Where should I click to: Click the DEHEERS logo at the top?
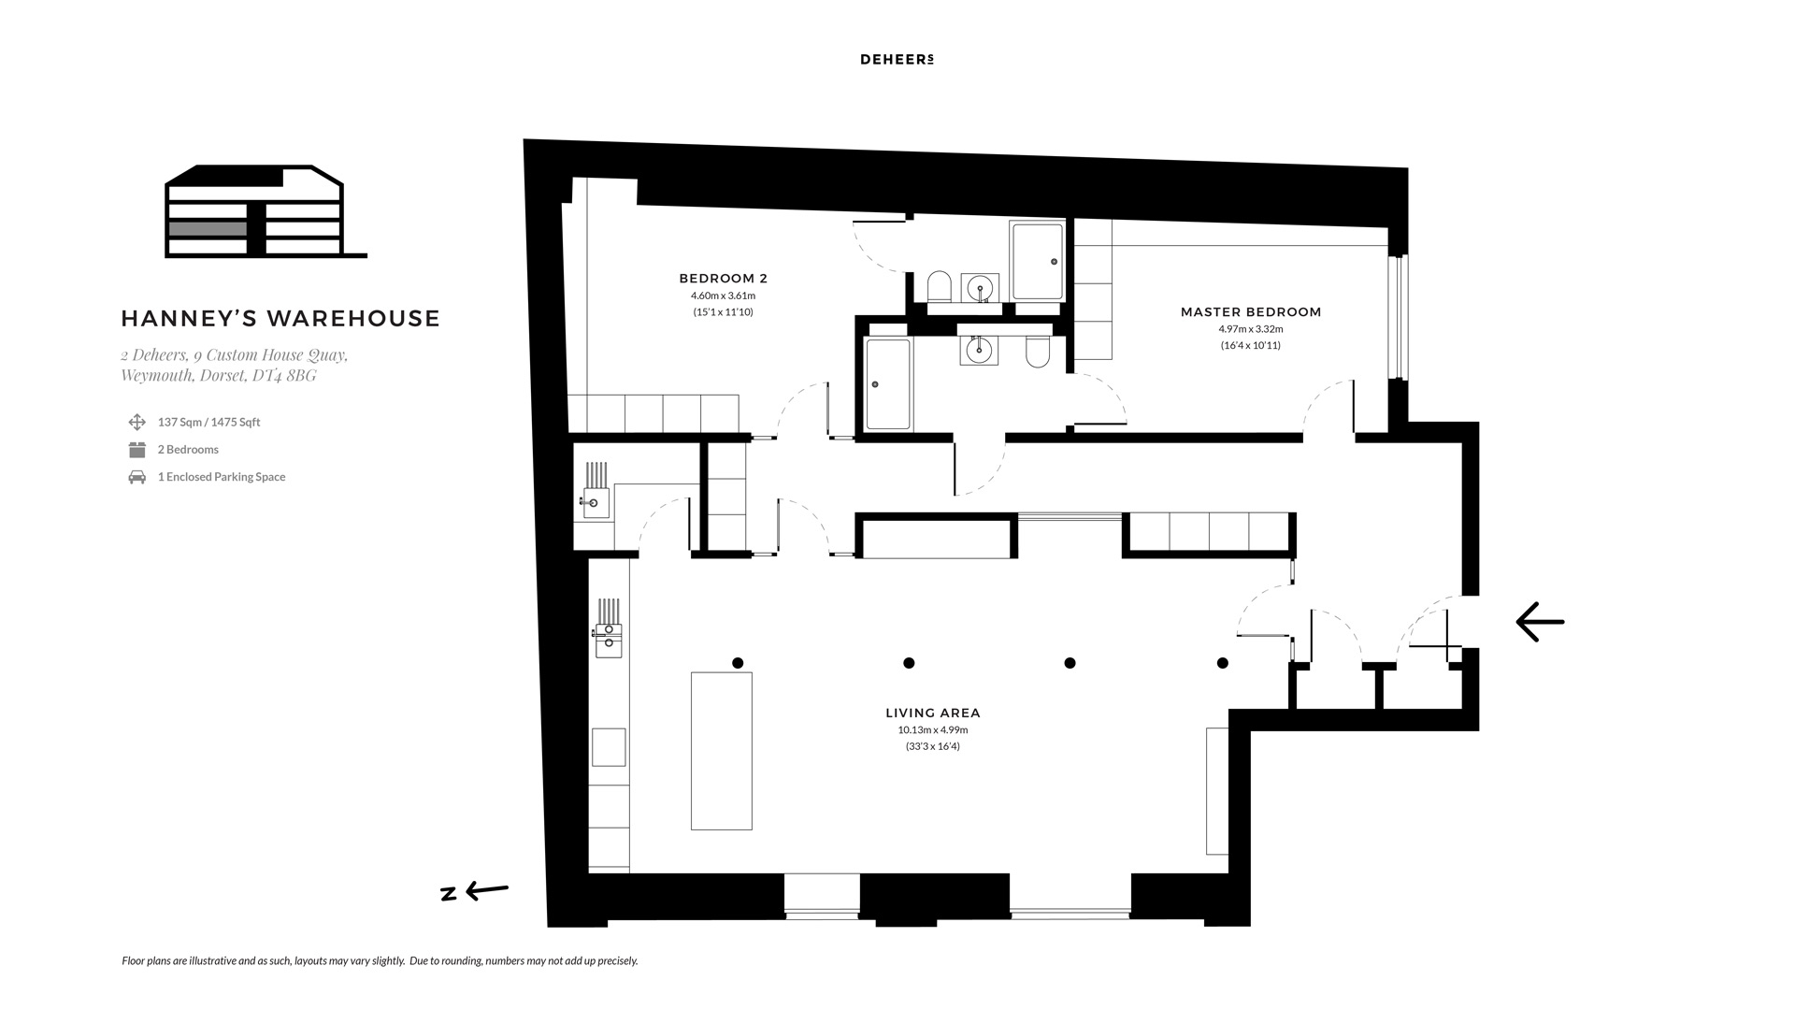[897, 60]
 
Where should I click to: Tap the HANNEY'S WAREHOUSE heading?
[280, 318]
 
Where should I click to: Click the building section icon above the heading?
[266, 211]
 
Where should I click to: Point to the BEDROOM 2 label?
[723, 279]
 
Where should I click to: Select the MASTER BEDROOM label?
[1251, 312]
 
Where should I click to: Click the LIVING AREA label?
[933, 713]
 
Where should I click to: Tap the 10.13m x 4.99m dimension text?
[933, 730]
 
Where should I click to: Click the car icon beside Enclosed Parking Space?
[137, 477]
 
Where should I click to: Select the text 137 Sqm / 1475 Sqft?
[208, 423]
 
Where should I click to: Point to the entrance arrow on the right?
[1540, 621]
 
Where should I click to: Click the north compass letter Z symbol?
[449, 894]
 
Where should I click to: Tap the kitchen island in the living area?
[721, 751]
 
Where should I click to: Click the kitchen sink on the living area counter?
[608, 636]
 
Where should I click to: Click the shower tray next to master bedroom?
[1037, 261]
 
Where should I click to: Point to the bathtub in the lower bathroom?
[888, 384]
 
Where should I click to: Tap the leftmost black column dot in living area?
[738, 663]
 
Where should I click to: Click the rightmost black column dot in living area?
[1222, 663]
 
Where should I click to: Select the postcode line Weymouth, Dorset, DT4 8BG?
[219, 376]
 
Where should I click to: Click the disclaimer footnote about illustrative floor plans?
[380, 961]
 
